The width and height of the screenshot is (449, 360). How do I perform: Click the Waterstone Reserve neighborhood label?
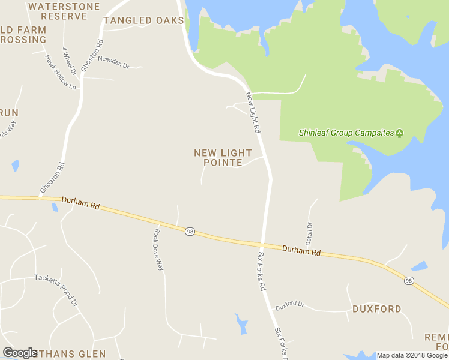coord(58,11)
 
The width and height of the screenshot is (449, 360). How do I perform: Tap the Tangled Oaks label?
coord(143,20)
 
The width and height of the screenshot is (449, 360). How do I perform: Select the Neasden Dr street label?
coord(113,62)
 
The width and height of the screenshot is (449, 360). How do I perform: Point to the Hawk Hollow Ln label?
coord(61,72)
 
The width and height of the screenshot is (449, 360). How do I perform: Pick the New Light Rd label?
coord(253,112)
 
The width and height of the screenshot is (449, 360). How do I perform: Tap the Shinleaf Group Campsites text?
coord(346,133)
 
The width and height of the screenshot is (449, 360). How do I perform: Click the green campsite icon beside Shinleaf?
coord(399,133)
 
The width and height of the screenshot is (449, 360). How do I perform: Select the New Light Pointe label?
coord(223,158)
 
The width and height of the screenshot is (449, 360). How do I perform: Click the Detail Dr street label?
coord(310,233)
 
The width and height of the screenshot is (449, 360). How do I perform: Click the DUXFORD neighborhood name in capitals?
coord(376,309)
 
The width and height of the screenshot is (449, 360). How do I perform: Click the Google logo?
coord(20,352)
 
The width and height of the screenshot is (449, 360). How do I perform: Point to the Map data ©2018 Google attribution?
coord(412,355)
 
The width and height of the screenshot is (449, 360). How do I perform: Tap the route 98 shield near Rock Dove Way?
coord(189,232)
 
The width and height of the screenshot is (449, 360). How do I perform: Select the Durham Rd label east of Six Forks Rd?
coord(301,250)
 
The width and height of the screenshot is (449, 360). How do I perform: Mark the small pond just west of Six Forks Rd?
coord(241,323)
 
